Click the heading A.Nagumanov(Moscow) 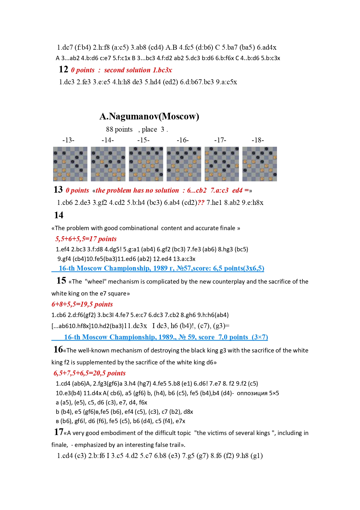click(x=149, y=117)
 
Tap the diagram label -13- click(x=68, y=140)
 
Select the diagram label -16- click(x=183, y=140)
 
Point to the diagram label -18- click(x=258, y=140)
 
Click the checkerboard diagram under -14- click(x=108, y=164)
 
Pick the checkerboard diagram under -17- click(x=222, y=164)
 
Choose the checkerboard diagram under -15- click(x=146, y=164)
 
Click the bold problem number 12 click(x=63, y=69)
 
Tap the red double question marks click(x=201, y=203)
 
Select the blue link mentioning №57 click(x=161, y=268)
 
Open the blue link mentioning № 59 click(x=165, y=337)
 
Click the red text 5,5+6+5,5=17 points click(x=86, y=239)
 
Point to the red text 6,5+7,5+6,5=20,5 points click(x=89, y=373)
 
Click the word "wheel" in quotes click(x=96, y=282)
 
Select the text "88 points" click(x=119, y=129)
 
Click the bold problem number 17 click(x=58, y=432)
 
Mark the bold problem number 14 click(x=59, y=215)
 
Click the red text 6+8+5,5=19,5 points click(x=82, y=304)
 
